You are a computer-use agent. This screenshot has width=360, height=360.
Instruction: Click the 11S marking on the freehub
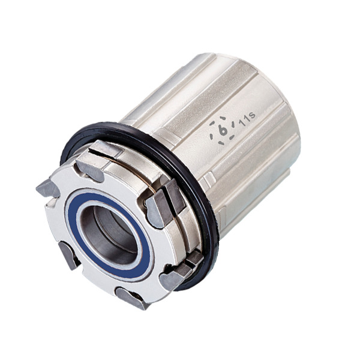tap(247, 118)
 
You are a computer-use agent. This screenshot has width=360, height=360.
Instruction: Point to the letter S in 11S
tap(252, 115)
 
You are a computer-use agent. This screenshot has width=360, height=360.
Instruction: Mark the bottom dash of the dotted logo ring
tap(222, 143)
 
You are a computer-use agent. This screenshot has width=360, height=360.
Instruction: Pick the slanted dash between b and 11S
tap(233, 125)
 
